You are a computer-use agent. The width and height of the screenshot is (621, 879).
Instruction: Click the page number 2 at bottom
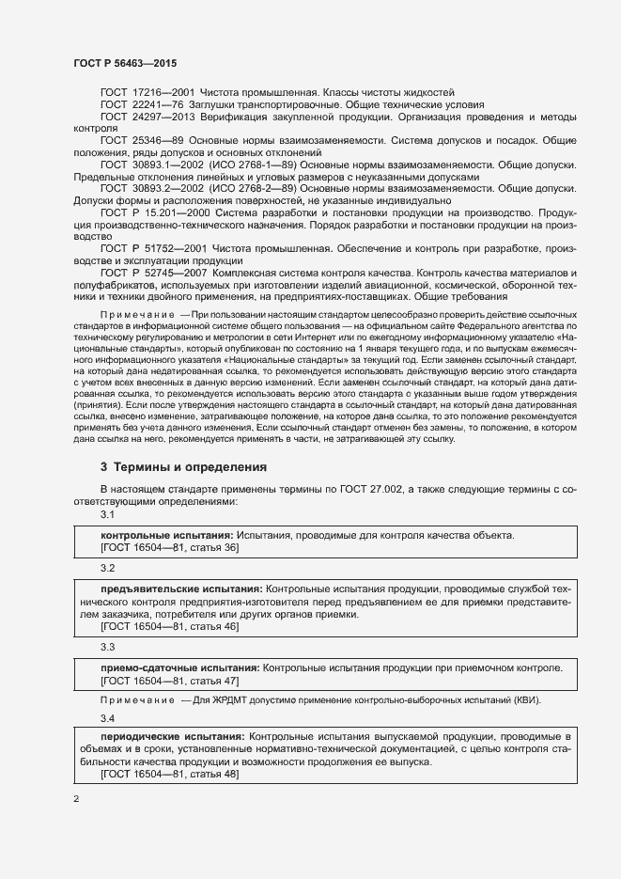pos(75,800)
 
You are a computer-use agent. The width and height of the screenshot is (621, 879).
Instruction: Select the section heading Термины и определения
pos(191,466)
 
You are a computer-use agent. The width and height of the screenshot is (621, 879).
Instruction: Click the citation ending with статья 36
pos(169,548)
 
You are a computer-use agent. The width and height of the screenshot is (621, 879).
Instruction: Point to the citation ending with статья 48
pos(169,773)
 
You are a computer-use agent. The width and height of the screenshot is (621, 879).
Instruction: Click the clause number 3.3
pos(107,648)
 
